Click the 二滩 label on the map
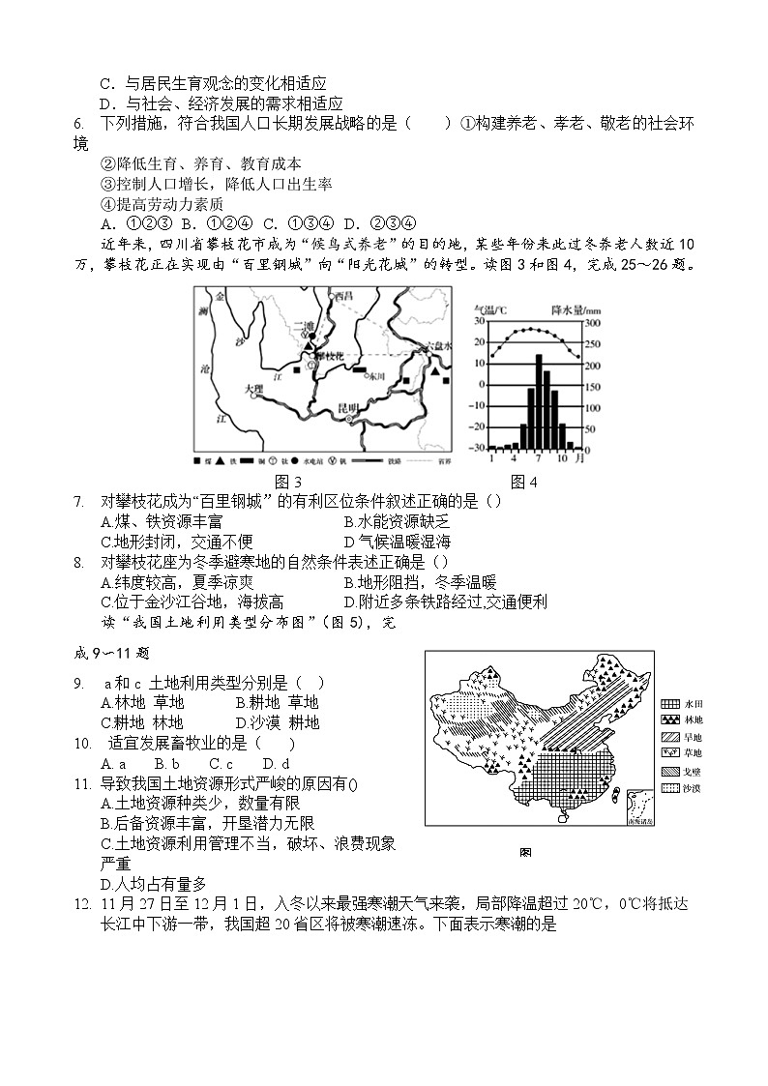tap(304, 327)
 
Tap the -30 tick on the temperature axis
tap(478, 448)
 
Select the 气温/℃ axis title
tap(490, 309)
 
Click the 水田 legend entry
tap(693, 703)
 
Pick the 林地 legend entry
tap(693, 719)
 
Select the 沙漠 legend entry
tap(693, 788)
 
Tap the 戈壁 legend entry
tap(693, 771)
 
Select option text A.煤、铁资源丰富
tap(155, 521)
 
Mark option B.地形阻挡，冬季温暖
tap(420, 581)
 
